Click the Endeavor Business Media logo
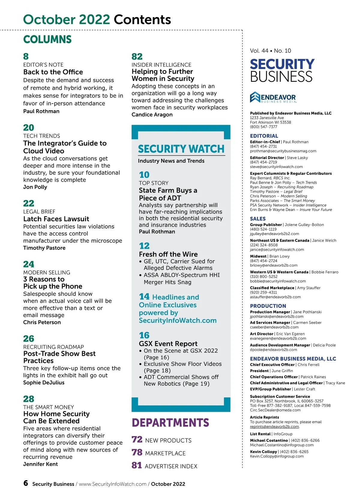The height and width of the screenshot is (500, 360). (273, 97)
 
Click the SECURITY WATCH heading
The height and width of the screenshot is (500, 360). (181, 149)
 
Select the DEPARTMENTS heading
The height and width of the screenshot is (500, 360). (170, 423)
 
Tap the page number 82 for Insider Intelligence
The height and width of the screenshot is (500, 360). (137, 56)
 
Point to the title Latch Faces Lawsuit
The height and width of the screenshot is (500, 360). (56, 219)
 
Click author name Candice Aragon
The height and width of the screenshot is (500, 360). (152, 114)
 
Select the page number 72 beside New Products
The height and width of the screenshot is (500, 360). (137, 440)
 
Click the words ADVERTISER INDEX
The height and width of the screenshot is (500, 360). (171, 466)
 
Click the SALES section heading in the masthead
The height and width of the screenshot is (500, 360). (258, 219)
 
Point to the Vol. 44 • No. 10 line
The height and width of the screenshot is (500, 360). (270, 51)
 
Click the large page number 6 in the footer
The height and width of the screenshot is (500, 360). (26, 483)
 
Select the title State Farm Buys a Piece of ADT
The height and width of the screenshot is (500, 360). (168, 194)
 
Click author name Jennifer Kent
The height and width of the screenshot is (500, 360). (40, 464)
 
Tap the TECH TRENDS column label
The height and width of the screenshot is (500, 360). (42, 136)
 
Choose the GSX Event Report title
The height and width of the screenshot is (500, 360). (168, 344)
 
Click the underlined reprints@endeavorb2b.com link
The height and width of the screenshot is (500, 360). (274, 426)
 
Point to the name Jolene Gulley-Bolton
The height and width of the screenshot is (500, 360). (304, 225)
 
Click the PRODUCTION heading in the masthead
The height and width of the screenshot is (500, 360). (268, 306)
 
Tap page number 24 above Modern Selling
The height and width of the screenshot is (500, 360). (29, 264)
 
